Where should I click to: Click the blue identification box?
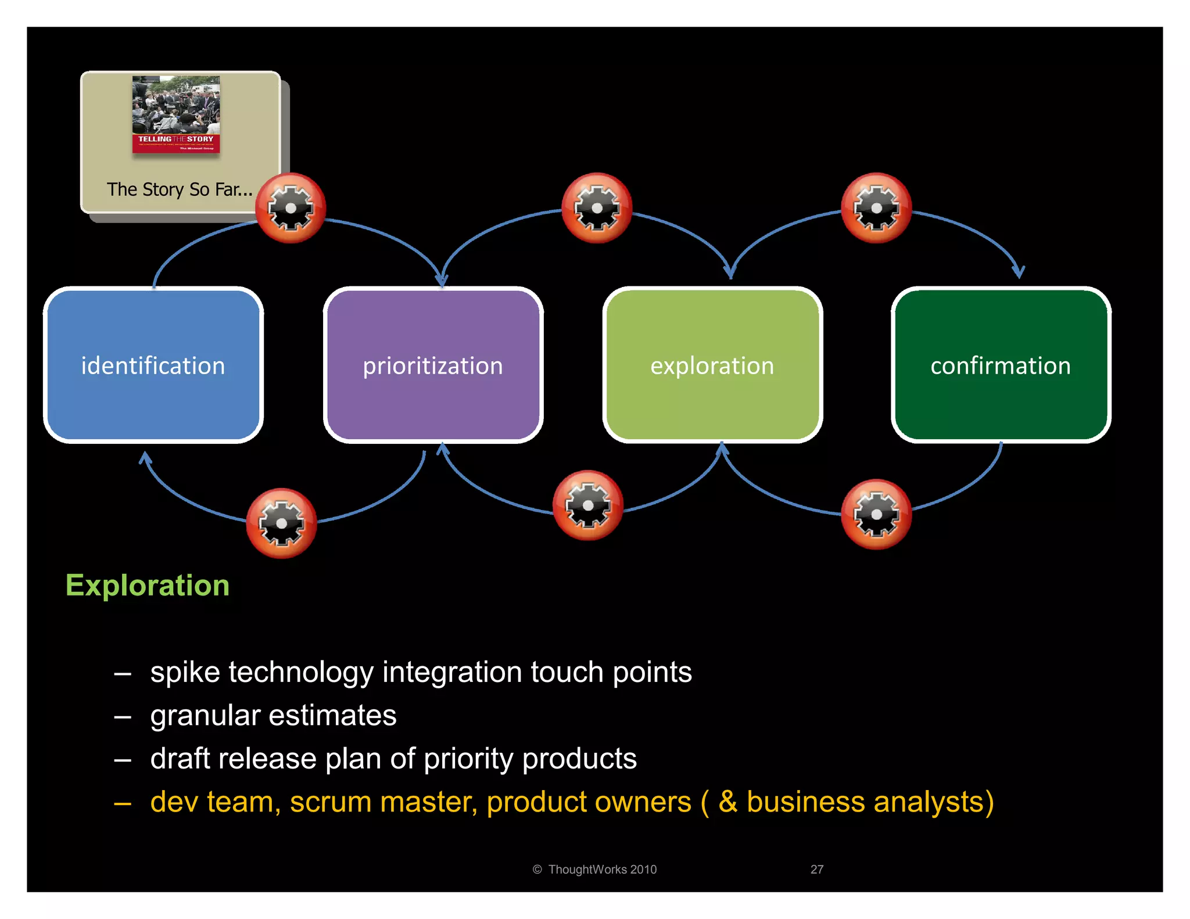pos(153,365)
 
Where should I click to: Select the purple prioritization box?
pos(433,365)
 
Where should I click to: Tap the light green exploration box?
pos(712,365)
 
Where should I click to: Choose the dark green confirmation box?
pos(1001,365)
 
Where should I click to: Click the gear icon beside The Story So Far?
pos(291,208)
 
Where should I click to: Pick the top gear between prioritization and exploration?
pos(597,208)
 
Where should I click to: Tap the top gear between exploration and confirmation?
pos(876,208)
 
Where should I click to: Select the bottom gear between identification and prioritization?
pos(281,523)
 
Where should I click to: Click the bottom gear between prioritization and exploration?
pos(587,505)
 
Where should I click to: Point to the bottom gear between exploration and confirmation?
pos(876,514)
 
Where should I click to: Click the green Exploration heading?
pos(148,585)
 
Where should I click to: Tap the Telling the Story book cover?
pos(176,114)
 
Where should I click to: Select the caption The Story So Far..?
pos(180,189)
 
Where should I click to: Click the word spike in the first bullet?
pos(185,673)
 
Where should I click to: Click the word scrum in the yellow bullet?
pos(331,802)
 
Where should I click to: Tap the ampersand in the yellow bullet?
pos(727,802)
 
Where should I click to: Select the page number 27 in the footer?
pos(816,870)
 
